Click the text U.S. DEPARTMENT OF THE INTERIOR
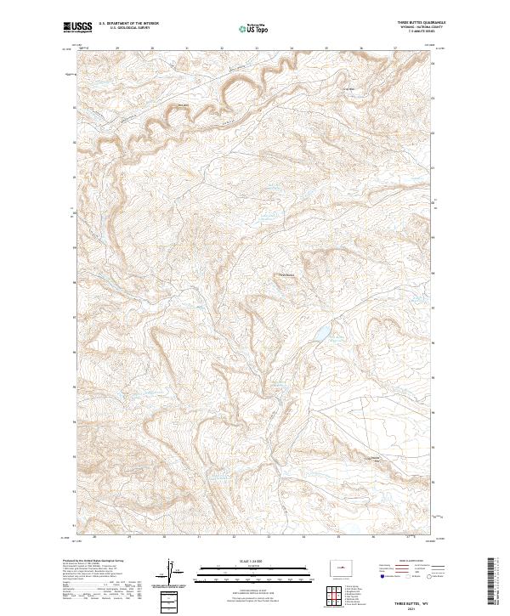click(x=128, y=25)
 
